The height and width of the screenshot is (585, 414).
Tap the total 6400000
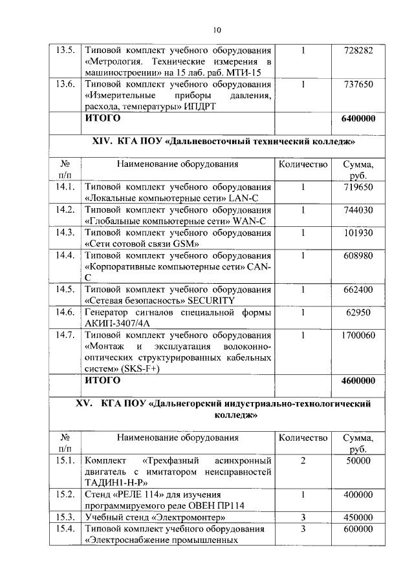358,119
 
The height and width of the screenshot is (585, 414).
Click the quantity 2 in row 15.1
303,461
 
